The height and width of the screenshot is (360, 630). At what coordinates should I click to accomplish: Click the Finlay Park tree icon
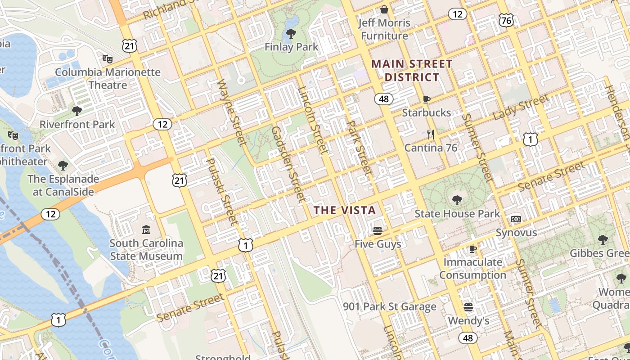(291, 33)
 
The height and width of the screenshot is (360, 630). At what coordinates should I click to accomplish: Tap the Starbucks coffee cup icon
(427, 99)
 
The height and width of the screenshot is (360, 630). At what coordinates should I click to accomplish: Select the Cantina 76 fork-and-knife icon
(431, 134)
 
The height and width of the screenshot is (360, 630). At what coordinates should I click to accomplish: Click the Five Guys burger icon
(378, 231)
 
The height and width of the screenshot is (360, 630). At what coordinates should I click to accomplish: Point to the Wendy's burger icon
(468, 307)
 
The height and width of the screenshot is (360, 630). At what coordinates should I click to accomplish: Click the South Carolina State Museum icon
(146, 230)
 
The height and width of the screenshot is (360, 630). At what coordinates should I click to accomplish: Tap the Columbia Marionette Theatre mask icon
(107, 58)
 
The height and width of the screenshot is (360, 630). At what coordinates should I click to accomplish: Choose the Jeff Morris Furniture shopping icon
(384, 9)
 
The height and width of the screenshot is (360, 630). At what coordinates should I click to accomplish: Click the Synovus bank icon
(516, 219)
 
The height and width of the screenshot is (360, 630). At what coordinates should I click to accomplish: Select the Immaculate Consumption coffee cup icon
(472, 248)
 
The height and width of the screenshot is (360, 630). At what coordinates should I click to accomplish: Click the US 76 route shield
(506, 20)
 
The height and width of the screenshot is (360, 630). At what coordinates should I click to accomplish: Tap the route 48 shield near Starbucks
(384, 99)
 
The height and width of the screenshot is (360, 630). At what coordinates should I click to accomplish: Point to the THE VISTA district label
(345, 210)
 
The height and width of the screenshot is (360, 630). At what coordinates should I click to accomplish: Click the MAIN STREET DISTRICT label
(412, 71)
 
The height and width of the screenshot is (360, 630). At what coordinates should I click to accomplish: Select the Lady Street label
(521, 107)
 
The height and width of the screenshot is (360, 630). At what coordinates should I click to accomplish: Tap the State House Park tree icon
(457, 200)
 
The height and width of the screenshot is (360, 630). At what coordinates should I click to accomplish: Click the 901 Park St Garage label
(390, 307)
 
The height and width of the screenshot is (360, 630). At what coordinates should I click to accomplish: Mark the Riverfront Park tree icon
(77, 111)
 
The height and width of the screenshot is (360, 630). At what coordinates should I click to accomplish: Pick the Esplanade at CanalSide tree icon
(63, 166)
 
